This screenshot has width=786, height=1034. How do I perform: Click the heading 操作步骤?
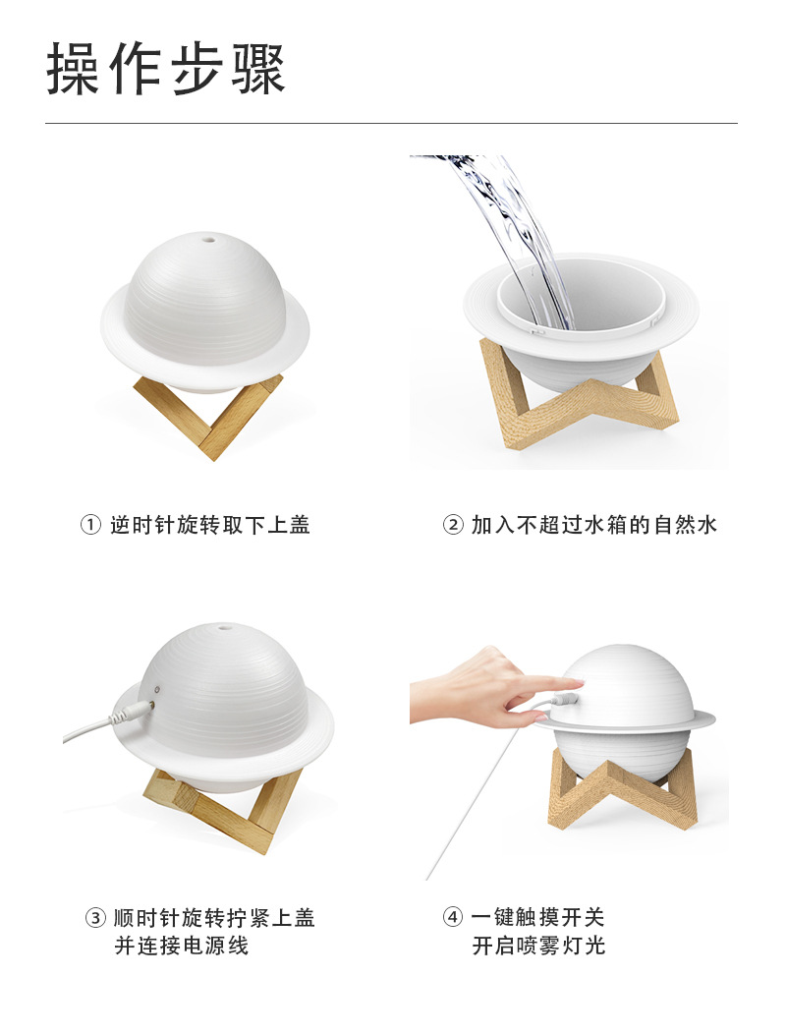165,69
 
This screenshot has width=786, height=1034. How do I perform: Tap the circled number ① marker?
90,525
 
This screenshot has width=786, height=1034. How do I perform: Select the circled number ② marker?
453,525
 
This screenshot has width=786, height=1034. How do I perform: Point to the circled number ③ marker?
95,917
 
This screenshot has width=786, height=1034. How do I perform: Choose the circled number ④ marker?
453,917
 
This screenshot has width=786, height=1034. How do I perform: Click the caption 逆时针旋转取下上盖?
210,525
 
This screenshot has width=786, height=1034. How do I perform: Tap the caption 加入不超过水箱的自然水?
594,525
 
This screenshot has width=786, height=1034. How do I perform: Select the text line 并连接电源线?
182,946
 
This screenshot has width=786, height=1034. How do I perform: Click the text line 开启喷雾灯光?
538,946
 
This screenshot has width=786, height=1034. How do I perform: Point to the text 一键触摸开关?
538,917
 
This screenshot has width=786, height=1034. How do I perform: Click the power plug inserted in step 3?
134,713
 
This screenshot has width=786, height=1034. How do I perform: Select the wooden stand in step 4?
623,791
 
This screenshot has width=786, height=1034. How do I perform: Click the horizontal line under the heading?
391,123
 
